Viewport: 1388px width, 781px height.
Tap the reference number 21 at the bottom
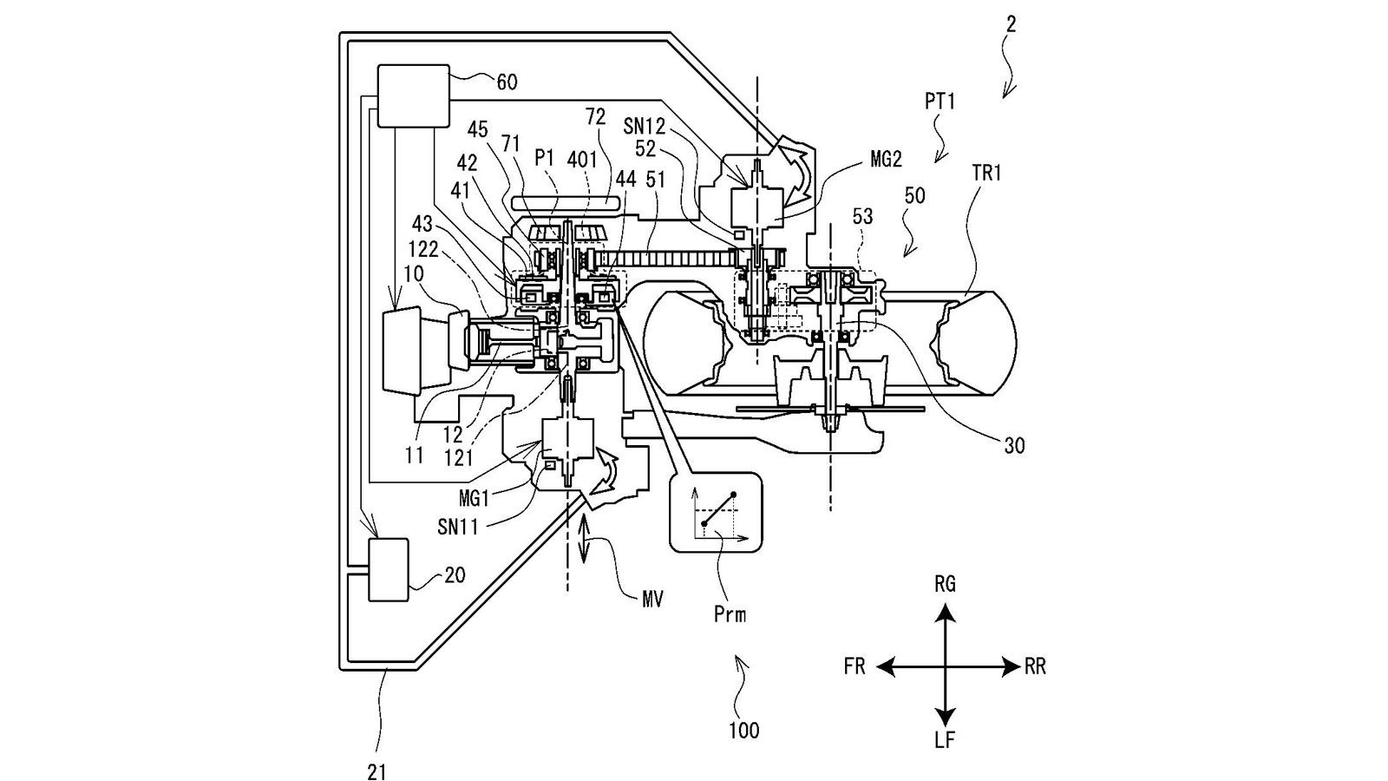click(x=376, y=771)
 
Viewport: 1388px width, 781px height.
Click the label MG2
click(x=886, y=160)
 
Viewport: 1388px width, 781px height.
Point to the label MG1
click(x=474, y=498)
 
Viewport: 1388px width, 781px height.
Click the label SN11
click(x=458, y=527)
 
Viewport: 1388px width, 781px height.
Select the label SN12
click(x=645, y=127)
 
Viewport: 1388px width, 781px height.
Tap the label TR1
click(x=987, y=173)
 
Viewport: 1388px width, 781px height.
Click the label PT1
click(x=940, y=101)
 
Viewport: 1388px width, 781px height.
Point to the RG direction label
click(x=945, y=584)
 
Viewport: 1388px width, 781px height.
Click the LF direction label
click(x=945, y=739)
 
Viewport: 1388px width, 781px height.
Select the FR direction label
click(x=854, y=667)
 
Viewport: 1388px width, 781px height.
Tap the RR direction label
click(x=1035, y=667)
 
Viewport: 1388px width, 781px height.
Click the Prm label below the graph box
click(x=730, y=614)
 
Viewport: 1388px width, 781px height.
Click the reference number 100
click(x=743, y=731)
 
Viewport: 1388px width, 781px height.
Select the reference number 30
click(x=1014, y=445)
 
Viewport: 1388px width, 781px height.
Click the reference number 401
click(x=582, y=160)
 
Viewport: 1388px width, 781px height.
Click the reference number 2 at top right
click(x=1012, y=24)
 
